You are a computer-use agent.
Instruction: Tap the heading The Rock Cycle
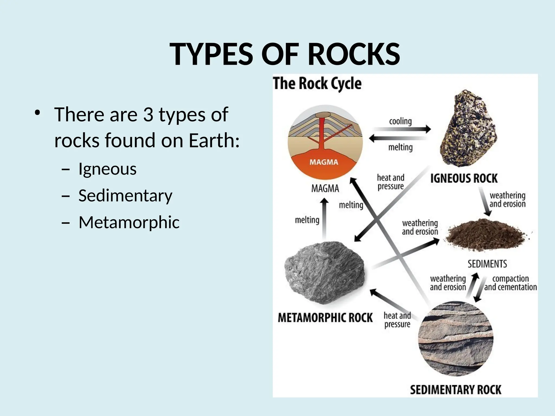(317, 83)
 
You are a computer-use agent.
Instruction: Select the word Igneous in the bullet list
(107, 169)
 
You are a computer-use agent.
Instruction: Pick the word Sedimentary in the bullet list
(125, 196)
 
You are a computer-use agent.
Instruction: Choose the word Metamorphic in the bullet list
(129, 222)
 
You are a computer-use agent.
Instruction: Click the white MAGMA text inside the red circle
(324, 162)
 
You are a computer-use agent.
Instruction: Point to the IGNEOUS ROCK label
(464, 178)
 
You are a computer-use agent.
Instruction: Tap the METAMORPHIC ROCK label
(325, 318)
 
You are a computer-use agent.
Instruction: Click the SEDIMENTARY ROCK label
(456, 390)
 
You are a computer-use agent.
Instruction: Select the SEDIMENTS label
(487, 264)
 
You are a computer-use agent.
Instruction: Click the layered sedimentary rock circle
(456, 339)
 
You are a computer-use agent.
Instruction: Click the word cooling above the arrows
(400, 121)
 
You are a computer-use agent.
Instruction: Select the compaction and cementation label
(510, 283)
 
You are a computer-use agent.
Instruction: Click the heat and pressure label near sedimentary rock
(397, 320)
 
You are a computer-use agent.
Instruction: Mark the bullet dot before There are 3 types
(37, 113)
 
